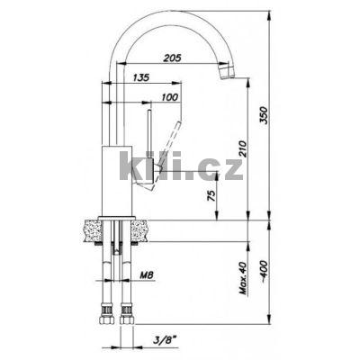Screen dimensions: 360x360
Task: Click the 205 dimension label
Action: point(172,58)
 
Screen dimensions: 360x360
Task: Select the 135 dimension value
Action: point(140,77)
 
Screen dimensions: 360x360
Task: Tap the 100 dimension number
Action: point(170,97)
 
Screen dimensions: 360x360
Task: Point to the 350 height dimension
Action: point(264,115)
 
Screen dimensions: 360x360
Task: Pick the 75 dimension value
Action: point(211,195)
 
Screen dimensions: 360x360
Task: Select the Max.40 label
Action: point(243,278)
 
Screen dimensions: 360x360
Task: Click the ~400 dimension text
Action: point(264,272)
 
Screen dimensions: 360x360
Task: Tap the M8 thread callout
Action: point(147,274)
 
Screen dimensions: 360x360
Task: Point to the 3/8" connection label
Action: point(165,340)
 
